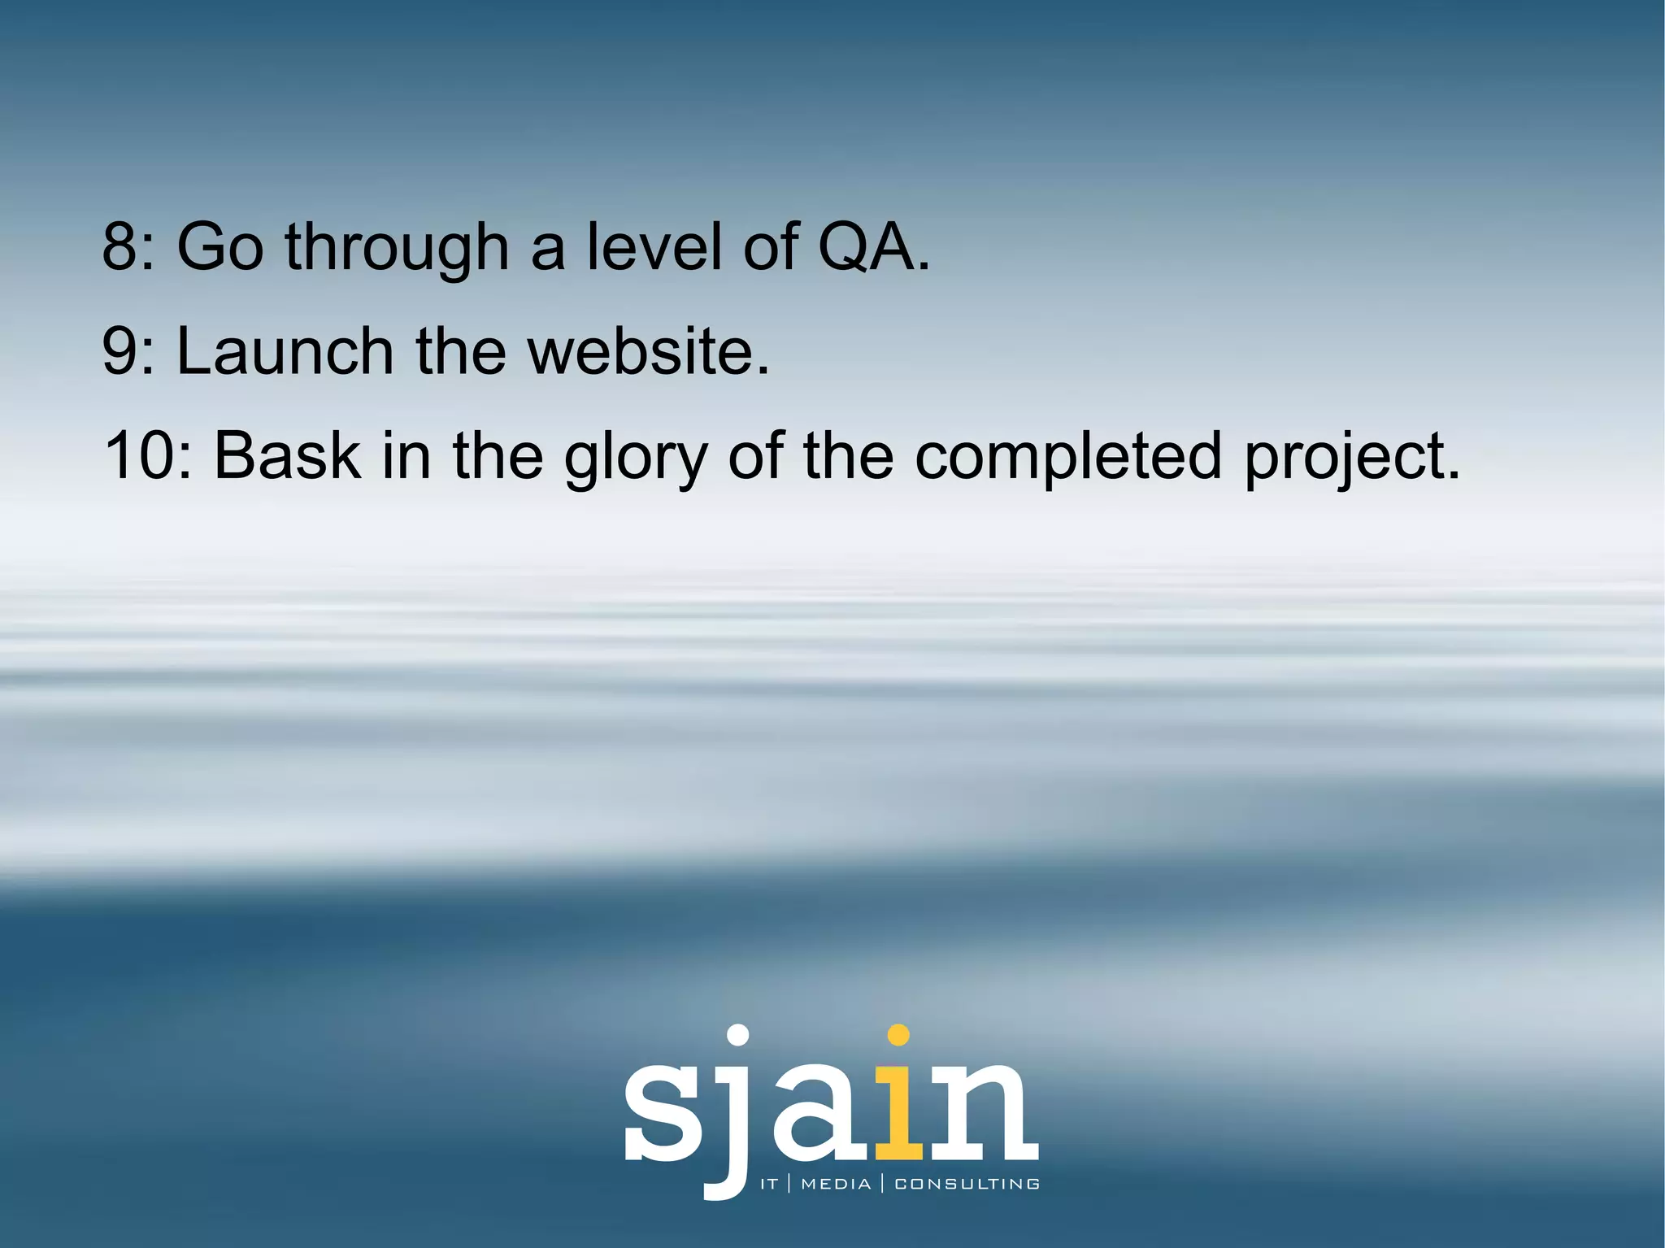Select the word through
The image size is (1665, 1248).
pyautogui.click(x=397, y=247)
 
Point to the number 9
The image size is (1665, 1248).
pyautogui.click(x=120, y=350)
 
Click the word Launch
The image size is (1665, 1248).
pyautogui.click(x=285, y=350)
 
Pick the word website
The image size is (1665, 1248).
pyautogui.click(x=647, y=350)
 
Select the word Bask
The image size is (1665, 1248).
pyautogui.click(x=287, y=455)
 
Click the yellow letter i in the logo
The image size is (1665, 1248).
pyautogui.click(x=898, y=1114)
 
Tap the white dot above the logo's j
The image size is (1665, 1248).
pyautogui.click(x=737, y=1035)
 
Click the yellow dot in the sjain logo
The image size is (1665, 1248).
pyautogui.click(x=898, y=1035)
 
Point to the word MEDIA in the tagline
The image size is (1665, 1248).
pyautogui.click(x=836, y=1184)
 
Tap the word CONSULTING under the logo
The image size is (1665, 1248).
pyautogui.click(x=967, y=1184)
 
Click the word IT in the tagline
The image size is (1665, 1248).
pyautogui.click(x=769, y=1184)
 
